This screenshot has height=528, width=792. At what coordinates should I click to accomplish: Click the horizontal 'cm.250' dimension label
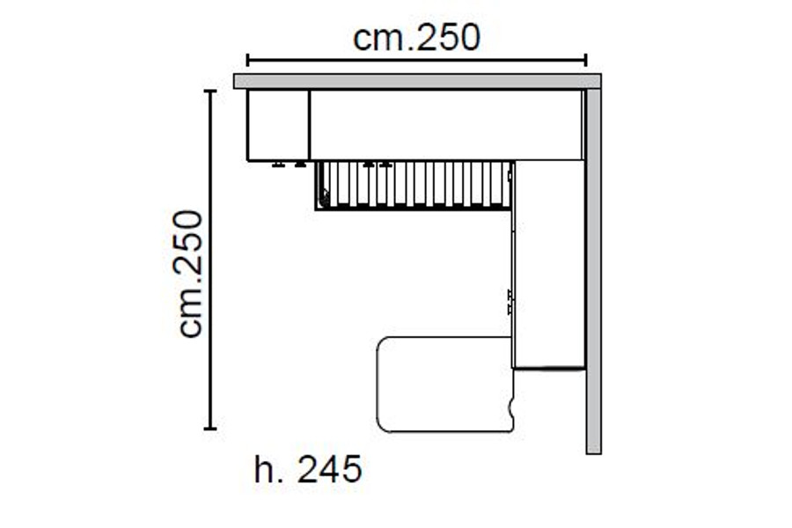(417, 38)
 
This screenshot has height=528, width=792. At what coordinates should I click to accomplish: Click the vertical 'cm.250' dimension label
(190, 274)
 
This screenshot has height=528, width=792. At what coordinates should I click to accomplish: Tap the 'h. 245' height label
(308, 470)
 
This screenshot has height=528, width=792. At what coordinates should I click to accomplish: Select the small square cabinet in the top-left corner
(278, 125)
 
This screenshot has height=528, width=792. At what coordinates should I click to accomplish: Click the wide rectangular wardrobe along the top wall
(446, 125)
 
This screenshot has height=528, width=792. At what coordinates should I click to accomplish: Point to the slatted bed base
(414, 186)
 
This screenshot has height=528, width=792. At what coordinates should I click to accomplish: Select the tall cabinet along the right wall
(548, 264)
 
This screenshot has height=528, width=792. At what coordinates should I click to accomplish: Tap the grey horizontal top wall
(417, 81)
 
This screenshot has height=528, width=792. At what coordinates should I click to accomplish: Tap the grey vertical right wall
(593, 271)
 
